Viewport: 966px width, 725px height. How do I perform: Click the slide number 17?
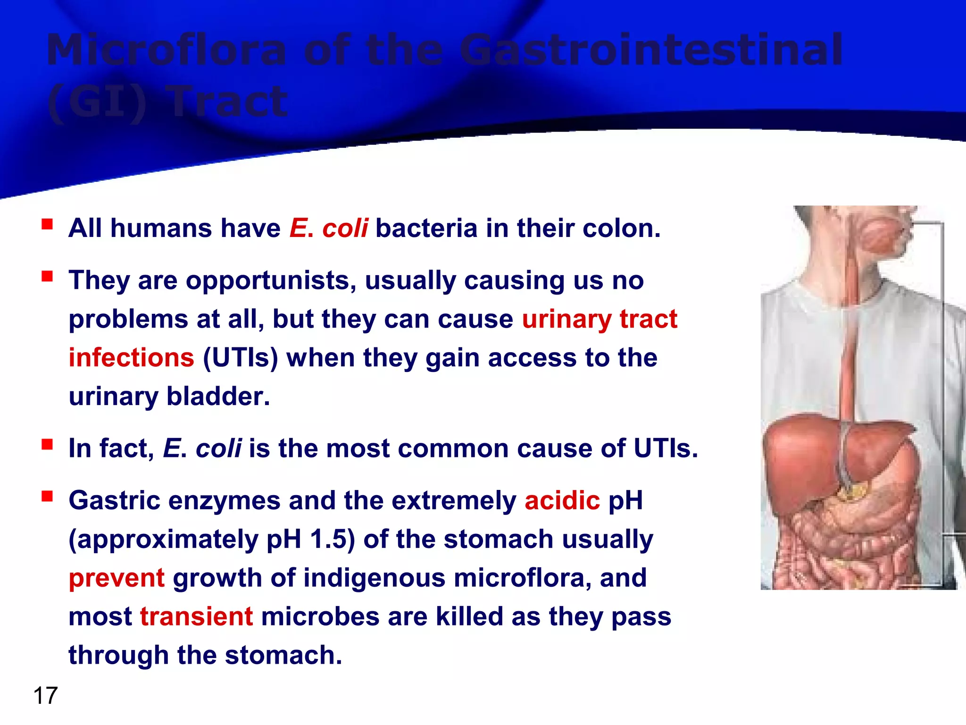coord(45,696)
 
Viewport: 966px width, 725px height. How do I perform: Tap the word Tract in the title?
coord(229,101)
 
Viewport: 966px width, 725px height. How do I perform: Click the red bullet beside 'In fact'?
coord(47,444)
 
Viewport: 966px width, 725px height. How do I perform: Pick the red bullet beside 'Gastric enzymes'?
coord(47,496)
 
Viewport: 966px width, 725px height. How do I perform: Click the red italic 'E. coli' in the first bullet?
coord(329,228)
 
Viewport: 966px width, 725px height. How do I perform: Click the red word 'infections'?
coord(131,357)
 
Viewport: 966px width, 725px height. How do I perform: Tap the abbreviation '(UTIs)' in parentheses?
coord(241,357)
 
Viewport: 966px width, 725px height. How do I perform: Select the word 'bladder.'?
coord(218,396)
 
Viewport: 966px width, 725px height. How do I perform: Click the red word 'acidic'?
coord(562,500)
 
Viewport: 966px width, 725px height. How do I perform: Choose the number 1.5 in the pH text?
coord(328,539)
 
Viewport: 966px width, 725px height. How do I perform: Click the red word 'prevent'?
coord(117,578)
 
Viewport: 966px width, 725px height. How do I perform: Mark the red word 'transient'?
coord(197,616)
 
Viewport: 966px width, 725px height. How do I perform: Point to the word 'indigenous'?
coord(374,578)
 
